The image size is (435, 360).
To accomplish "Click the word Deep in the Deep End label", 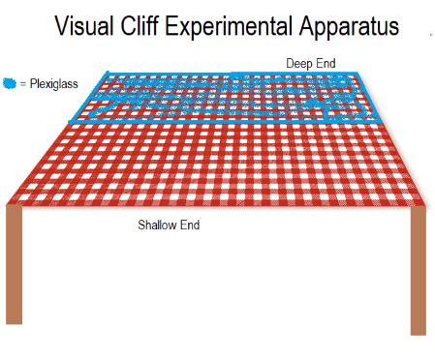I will tap(298, 63).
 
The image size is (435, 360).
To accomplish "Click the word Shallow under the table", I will tap(158, 225).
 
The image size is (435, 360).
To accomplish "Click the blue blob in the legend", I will tap(10, 83).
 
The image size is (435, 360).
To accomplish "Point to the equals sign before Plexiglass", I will tap(23, 84).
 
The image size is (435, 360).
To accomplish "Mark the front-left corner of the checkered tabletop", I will tap(8, 203).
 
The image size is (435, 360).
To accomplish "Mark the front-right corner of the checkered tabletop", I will tap(426, 205).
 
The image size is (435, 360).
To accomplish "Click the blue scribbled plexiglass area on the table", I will tap(223, 98).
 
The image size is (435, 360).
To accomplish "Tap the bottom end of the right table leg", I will tap(418, 332).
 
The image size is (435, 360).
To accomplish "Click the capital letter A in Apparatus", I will tap(313, 26).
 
